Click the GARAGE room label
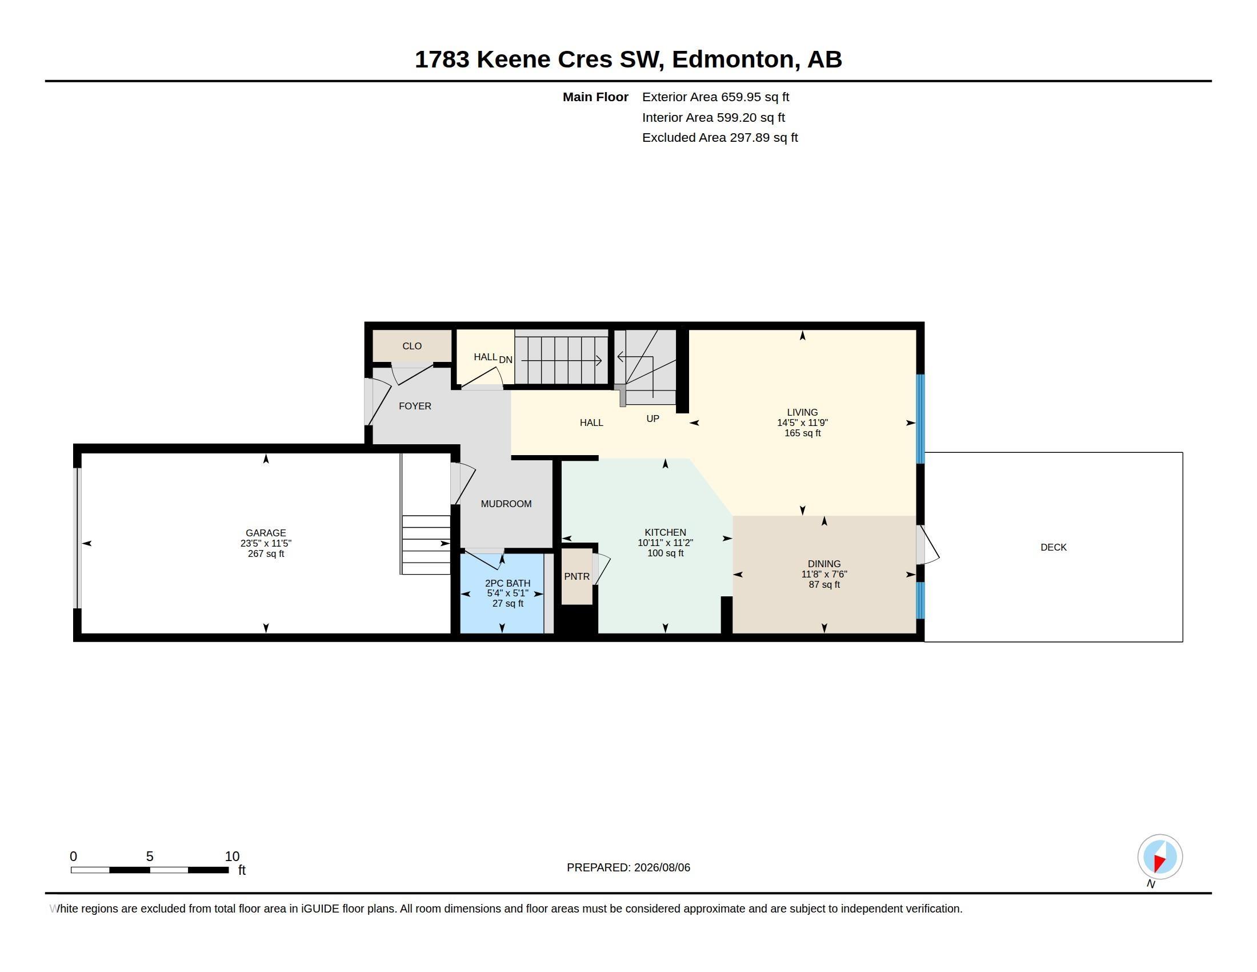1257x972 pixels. point(266,533)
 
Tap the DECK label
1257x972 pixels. point(1053,548)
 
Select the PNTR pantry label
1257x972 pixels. point(577,576)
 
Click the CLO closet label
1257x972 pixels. point(412,346)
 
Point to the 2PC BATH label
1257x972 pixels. point(507,583)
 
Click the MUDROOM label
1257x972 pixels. point(506,504)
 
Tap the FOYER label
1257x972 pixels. point(415,406)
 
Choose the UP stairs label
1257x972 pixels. point(652,419)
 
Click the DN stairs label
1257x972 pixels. point(505,360)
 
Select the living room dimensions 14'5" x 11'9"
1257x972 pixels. point(802,423)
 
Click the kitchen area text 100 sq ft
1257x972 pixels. point(665,553)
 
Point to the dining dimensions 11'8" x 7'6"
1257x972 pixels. point(824,574)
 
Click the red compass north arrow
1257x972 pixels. point(1159,862)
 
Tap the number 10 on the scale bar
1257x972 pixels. point(232,857)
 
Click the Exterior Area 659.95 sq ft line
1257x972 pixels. point(715,97)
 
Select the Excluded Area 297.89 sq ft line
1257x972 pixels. point(720,138)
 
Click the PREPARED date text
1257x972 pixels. point(628,867)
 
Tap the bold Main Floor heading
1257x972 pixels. point(596,97)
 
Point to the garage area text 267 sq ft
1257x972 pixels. point(266,554)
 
